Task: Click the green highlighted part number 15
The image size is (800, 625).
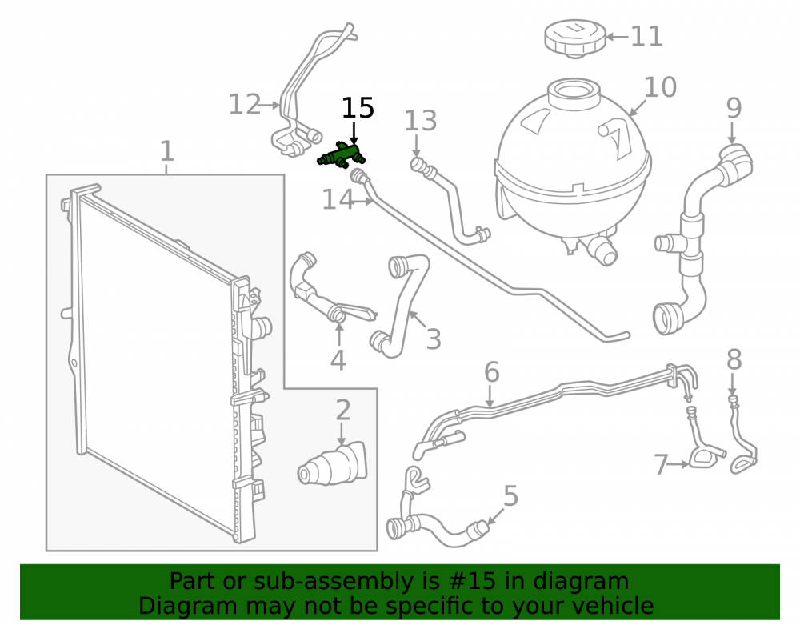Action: coord(341,155)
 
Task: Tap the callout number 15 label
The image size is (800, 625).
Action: coord(358,108)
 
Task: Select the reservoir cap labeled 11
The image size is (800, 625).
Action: coord(575,38)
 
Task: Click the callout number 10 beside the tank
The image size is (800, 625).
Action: coord(660,87)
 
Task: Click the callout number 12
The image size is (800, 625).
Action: coord(245,105)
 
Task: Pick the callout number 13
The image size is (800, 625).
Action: coord(421,121)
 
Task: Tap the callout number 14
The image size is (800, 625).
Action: coord(338,199)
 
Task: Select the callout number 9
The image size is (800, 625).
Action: coord(734,108)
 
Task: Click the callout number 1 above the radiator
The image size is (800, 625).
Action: coord(167,151)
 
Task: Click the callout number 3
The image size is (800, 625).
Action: coord(433,339)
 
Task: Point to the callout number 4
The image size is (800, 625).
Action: coord(338,359)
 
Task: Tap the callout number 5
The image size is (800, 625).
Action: coord(510,495)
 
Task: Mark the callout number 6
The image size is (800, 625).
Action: coord(491,372)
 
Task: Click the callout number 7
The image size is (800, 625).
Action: coord(662,465)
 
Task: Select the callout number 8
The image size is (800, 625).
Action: coord(734,359)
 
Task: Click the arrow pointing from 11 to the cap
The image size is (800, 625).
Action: coord(616,37)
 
